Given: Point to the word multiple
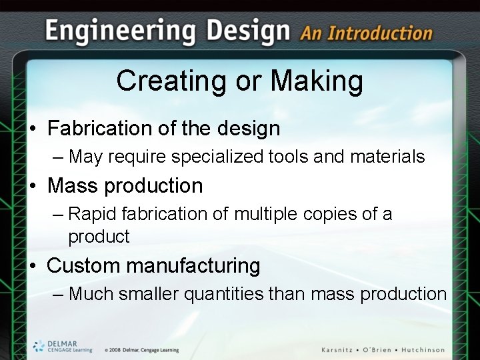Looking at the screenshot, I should point(261,215).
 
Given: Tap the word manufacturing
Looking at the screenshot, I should point(193,265).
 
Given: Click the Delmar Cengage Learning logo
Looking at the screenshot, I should point(63,346).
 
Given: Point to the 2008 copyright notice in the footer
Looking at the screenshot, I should point(141,350).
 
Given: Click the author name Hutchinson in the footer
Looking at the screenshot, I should point(420,350).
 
